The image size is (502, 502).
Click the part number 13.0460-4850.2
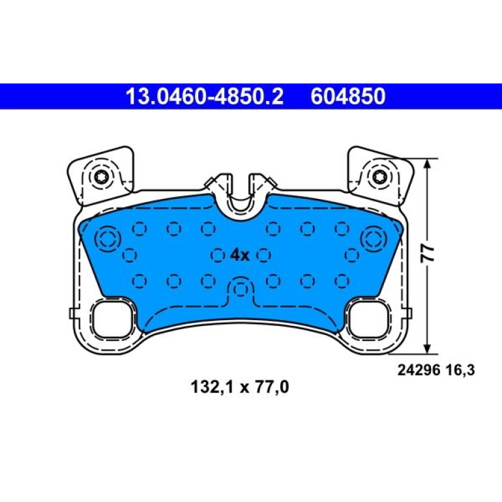pyautogui.click(x=205, y=96)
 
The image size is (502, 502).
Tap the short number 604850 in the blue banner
pyautogui.click(x=348, y=96)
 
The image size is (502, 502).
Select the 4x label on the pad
pyautogui.click(x=240, y=255)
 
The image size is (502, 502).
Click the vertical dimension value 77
pyautogui.click(x=427, y=254)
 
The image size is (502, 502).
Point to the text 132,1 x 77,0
pyautogui.click(x=240, y=387)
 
